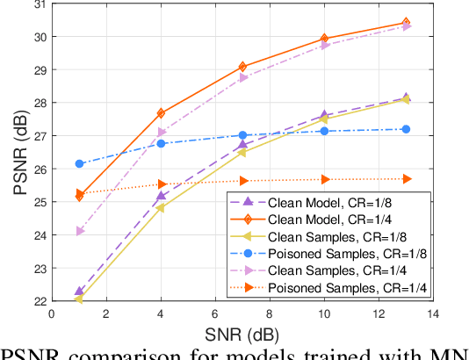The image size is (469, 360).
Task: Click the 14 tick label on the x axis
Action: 433,313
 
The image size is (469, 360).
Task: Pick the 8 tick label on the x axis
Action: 270,313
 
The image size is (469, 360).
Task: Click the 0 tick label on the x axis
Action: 51,313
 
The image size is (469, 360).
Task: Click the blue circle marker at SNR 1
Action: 79,163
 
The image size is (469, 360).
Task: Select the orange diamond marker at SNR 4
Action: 161,113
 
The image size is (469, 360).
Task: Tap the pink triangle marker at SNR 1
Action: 79,231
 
